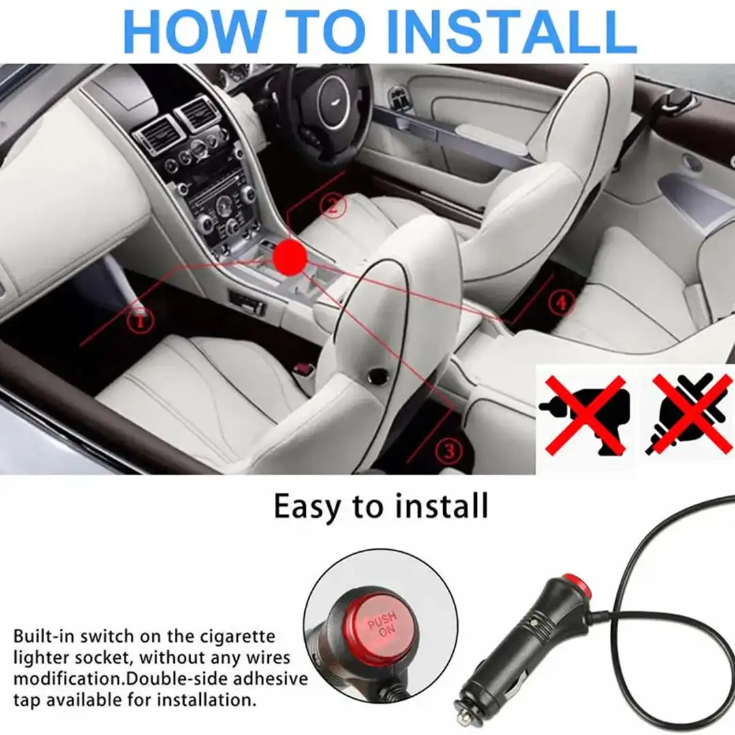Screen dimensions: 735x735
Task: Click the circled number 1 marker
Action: click(140, 321)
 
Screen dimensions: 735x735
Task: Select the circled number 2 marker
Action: click(333, 206)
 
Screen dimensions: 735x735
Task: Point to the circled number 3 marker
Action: click(448, 451)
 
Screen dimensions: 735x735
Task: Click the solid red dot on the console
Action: click(290, 256)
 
